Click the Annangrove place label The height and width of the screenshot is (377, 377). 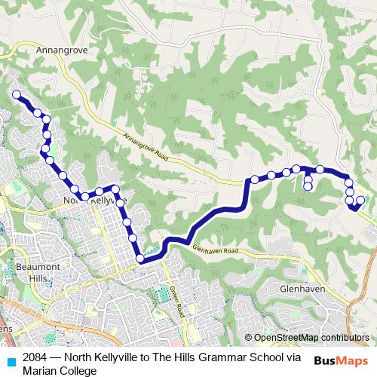pos(57,51)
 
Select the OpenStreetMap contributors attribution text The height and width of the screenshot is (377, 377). pos(311,338)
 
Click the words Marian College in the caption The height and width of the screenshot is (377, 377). pos(60,370)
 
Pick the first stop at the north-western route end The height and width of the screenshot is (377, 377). pos(16,94)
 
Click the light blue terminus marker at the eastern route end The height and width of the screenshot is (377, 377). pos(360,200)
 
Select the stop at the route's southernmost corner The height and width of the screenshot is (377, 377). pos(139,259)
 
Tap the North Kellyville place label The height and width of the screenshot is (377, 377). pos(91,201)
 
